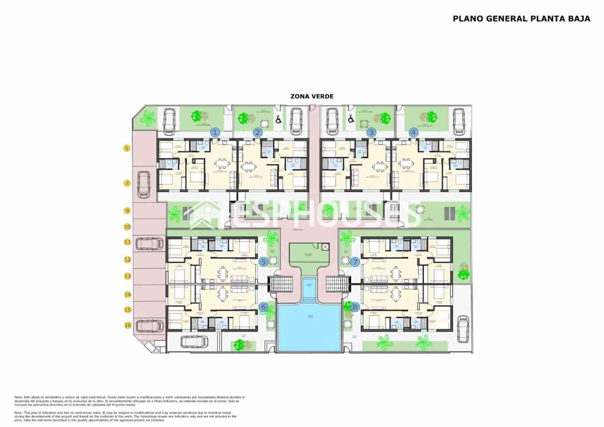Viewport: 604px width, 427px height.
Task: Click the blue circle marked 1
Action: (215, 132)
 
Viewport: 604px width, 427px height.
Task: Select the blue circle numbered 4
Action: (414, 132)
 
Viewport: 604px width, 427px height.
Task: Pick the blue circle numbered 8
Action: (355, 306)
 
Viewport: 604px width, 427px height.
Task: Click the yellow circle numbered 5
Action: (127, 148)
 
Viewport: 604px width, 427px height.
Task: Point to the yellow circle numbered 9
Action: (127, 211)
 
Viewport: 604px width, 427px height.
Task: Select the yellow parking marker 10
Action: (127, 227)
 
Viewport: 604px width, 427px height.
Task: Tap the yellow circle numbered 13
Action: (127, 276)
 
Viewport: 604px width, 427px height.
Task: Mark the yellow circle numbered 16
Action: (127, 325)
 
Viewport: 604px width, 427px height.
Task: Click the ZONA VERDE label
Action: (312, 96)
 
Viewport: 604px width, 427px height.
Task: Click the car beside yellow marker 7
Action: (143, 184)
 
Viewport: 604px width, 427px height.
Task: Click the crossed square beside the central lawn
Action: (325, 247)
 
